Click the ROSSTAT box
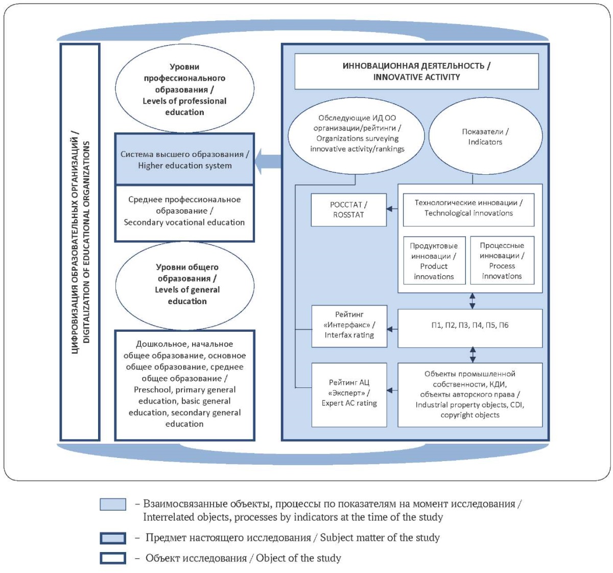coord(348,210)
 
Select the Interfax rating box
coord(349,326)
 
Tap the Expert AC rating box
coord(349,395)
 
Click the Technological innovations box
coord(468,210)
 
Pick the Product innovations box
coord(434,260)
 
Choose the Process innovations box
coord(502,260)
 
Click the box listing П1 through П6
coord(470,328)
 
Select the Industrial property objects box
coord(470,395)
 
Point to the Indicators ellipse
coord(485,136)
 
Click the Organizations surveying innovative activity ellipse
coord(356,136)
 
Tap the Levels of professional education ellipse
coord(184,88)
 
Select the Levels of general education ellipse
coord(185,286)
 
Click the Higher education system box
coord(184,159)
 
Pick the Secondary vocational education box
coord(184,213)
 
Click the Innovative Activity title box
coord(416,72)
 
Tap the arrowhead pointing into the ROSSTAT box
coord(390,209)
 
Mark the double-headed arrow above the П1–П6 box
coord(472,301)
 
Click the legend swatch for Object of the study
coord(113,558)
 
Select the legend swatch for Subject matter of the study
coord(113,538)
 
